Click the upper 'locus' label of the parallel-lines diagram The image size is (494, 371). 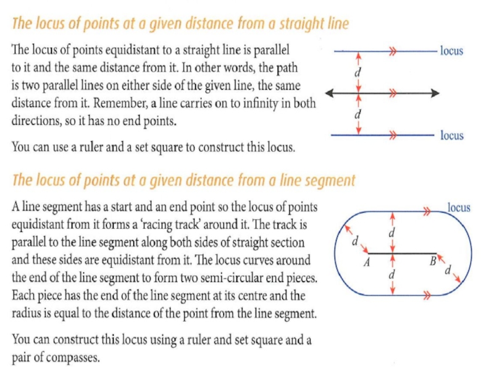(451, 51)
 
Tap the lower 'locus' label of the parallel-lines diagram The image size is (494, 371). (451, 135)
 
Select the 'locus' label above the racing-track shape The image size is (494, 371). (458, 208)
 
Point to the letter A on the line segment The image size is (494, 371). (366, 262)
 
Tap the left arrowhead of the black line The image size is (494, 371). (330, 93)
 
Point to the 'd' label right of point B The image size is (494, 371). (448, 269)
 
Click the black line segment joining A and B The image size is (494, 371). (401, 253)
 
